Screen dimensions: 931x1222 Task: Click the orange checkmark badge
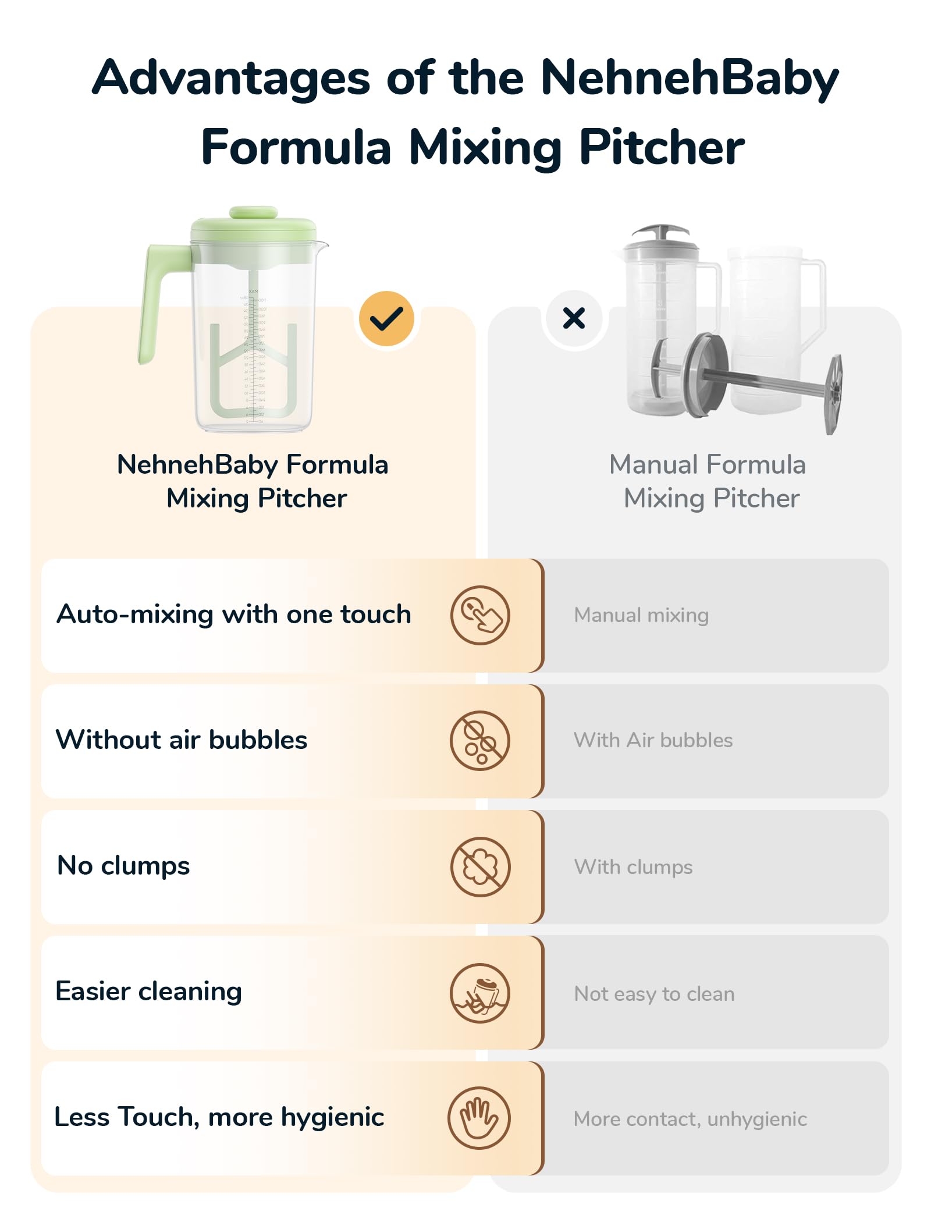(386, 319)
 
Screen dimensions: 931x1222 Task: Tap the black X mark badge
(574, 318)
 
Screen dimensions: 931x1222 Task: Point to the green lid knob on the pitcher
(253, 212)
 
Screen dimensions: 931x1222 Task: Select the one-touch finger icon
(480, 615)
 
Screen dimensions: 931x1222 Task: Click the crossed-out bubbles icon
(480, 741)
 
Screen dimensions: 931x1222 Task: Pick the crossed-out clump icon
(480, 867)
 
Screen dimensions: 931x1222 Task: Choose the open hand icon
(479, 1118)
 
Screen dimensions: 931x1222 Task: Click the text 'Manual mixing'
(641, 615)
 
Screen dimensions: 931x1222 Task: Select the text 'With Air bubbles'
(653, 740)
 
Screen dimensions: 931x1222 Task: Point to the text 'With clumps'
(633, 867)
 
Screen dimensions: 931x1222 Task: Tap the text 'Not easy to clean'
(654, 994)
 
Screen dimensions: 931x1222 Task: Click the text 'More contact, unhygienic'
(690, 1119)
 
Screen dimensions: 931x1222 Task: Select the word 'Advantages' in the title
(231, 79)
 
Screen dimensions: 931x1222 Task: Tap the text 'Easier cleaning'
(148, 992)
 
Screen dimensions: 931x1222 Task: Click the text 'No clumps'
(123, 866)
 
